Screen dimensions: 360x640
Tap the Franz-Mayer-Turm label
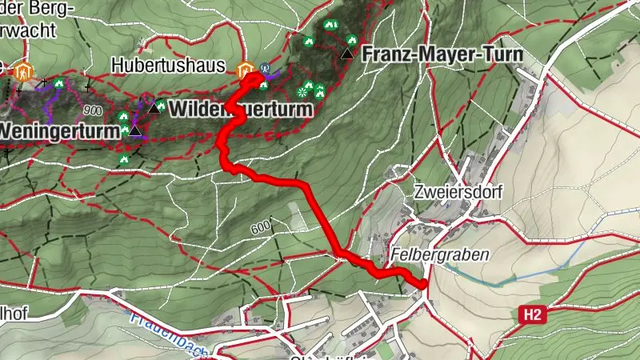442,54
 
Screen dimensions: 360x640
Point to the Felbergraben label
440,254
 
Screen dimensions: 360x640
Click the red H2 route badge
534,316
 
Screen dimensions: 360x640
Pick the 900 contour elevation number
91,110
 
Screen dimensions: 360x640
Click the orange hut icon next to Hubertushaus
246,67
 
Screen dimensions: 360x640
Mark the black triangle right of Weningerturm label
134,130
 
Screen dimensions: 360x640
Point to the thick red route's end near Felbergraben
422,283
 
